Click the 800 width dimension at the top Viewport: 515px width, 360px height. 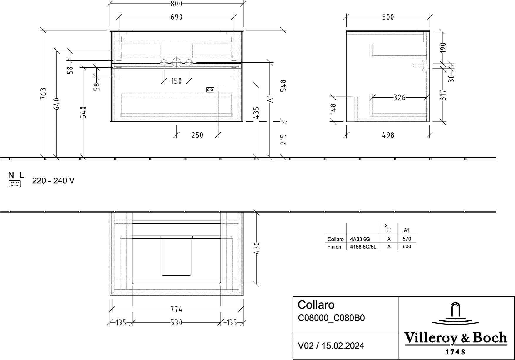coord(176,4)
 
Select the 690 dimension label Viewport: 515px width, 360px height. coord(176,17)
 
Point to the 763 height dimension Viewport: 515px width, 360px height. coord(43,94)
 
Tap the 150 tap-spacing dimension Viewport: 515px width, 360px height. coord(176,81)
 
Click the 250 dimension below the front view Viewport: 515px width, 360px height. coord(197,135)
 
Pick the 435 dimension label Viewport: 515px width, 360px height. coord(256,113)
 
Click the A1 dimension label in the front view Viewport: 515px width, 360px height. coord(270,99)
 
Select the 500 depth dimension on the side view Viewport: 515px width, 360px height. coord(388,17)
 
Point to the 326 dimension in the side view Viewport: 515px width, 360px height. coord(399,97)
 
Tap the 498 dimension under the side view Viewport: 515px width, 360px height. coord(388,135)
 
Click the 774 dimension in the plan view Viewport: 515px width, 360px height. coord(176,309)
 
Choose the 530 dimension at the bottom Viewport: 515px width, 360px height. coord(176,323)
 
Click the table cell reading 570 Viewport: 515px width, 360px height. coord(407,239)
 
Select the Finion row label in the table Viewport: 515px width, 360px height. coord(334,247)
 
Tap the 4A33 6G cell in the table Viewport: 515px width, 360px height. coord(360,239)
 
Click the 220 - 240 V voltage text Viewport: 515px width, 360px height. coord(53,181)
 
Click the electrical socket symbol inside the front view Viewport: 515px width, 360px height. coord(210,90)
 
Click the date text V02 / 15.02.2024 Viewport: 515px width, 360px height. coord(331,346)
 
